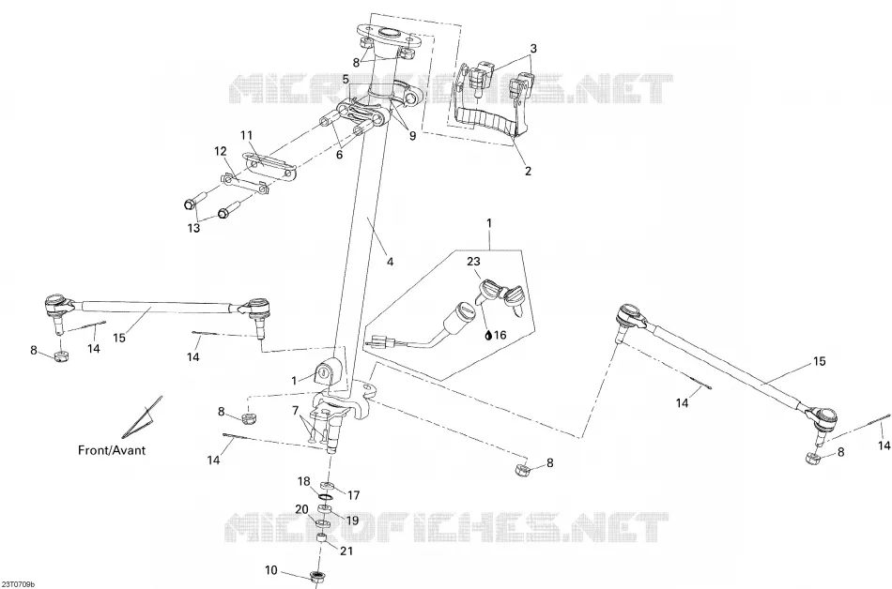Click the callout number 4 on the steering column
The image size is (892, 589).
tap(390, 262)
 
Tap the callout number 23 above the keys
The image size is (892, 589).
tap(473, 262)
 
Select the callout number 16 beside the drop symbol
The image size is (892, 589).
tap(500, 335)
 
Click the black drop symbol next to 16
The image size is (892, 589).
tap(487, 335)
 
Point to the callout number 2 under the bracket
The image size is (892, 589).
tap(528, 171)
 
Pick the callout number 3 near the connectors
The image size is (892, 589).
tap(533, 49)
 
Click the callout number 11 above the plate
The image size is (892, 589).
tap(246, 136)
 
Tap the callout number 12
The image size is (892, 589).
tap(220, 152)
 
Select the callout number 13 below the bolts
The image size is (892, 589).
tap(194, 228)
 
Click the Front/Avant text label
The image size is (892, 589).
tap(112, 450)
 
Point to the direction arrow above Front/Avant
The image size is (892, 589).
tap(142, 415)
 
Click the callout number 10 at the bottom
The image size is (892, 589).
tap(271, 569)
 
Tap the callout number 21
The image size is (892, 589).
tap(347, 551)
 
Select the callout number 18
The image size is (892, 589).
tap(304, 482)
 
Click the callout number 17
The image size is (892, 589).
tap(353, 495)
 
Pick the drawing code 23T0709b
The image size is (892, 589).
tap(18, 584)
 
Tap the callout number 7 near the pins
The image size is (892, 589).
tap(295, 410)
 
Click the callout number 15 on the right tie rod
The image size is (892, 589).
tap(819, 361)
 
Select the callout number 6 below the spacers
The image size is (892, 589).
tap(339, 154)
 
